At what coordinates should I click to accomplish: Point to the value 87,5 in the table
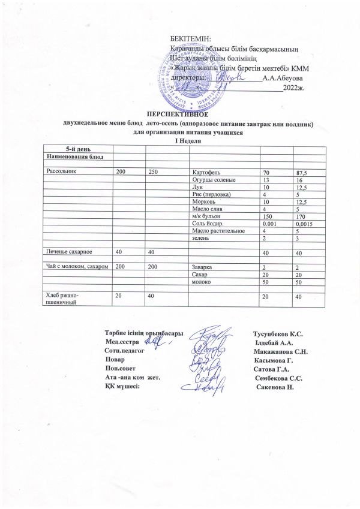(x=298, y=173)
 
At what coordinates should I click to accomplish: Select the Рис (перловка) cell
(x=211, y=194)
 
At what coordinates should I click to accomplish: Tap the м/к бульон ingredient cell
(x=206, y=215)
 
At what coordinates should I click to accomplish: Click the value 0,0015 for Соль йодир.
(x=301, y=222)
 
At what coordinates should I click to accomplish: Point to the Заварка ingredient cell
(x=203, y=266)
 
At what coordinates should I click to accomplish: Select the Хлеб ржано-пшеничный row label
(x=62, y=298)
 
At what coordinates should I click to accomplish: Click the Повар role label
(x=115, y=360)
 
